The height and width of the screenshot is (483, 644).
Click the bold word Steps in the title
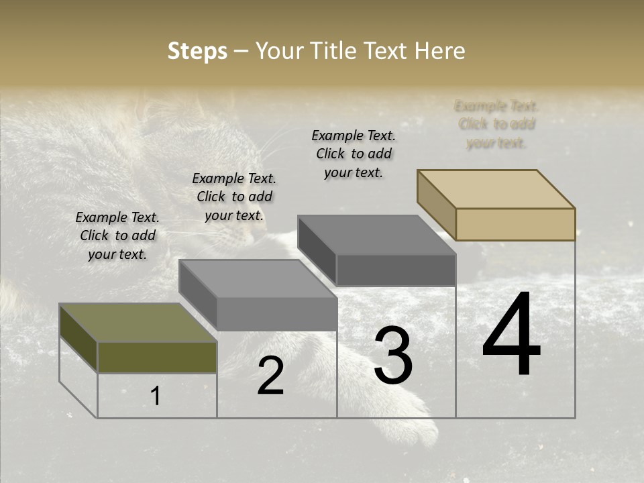tap(197, 51)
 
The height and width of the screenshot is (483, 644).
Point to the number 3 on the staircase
tap(393, 356)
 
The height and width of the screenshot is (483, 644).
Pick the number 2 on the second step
tap(271, 376)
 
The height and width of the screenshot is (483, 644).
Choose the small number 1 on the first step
tap(156, 396)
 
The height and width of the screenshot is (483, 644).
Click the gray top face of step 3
tap(376, 235)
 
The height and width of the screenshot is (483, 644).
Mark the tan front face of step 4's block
tap(515, 224)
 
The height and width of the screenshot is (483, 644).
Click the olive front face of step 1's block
tap(157, 358)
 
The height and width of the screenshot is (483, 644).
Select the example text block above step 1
tap(117, 235)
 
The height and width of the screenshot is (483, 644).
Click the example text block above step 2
tap(234, 197)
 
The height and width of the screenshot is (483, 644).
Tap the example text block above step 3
tap(354, 154)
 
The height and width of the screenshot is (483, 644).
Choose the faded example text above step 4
tap(496, 124)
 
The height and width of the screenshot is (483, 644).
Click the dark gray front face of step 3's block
tap(396, 270)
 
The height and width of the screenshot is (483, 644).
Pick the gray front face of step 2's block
tap(276, 314)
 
